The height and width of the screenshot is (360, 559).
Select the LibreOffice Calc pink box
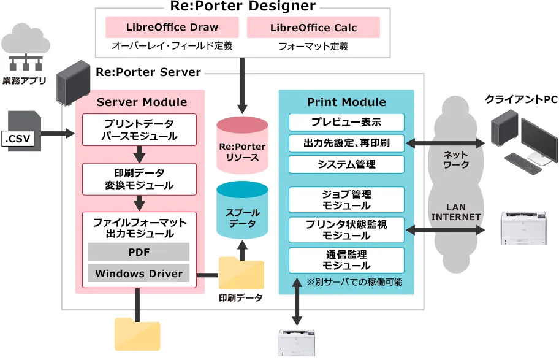click(x=313, y=28)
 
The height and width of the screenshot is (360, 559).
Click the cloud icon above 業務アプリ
click(x=26, y=42)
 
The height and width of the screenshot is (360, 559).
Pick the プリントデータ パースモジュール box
click(x=139, y=129)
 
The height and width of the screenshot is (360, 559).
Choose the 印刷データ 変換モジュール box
click(x=139, y=178)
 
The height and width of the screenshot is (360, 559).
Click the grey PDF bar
click(x=139, y=252)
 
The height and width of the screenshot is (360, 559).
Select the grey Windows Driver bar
click(x=139, y=274)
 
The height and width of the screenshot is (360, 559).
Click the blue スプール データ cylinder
click(x=242, y=212)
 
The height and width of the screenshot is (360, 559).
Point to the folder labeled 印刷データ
click(x=241, y=274)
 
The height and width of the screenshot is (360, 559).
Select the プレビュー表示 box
click(x=346, y=122)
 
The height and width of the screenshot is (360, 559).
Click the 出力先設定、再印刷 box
click(x=346, y=143)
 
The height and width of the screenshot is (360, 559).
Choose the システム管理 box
click(x=346, y=164)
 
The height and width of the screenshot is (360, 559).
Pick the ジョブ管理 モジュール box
click(x=346, y=200)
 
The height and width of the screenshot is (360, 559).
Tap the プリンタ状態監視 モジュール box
click(x=346, y=230)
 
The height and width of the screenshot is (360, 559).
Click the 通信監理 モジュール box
click(x=346, y=260)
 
